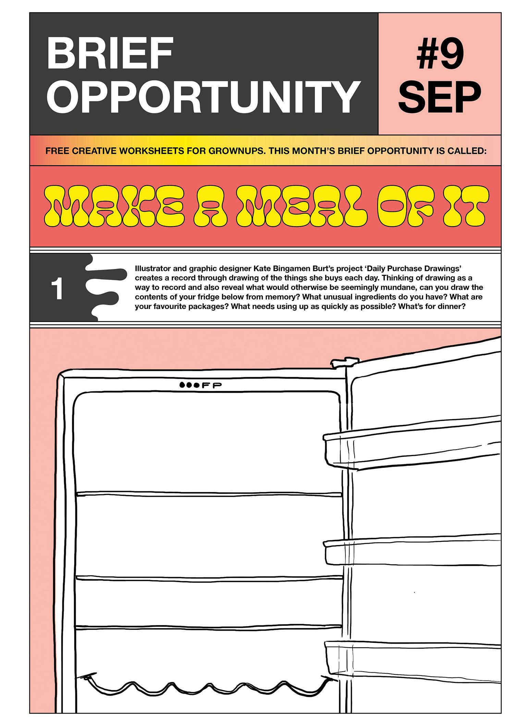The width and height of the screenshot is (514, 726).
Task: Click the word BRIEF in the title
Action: [109, 54]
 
